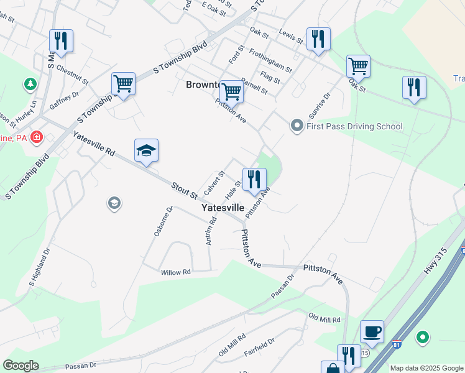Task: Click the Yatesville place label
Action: pyautogui.click(x=223, y=208)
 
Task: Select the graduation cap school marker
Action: pyautogui.click(x=146, y=150)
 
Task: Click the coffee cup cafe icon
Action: pyautogui.click(x=372, y=331)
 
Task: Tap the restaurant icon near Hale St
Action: pyautogui.click(x=254, y=180)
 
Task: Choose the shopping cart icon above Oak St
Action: pyautogui.click(x=358, y=65)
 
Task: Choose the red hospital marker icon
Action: pyautogui.click(x=37, y=136)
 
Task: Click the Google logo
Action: pyautogui.click(x=21, y=366)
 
